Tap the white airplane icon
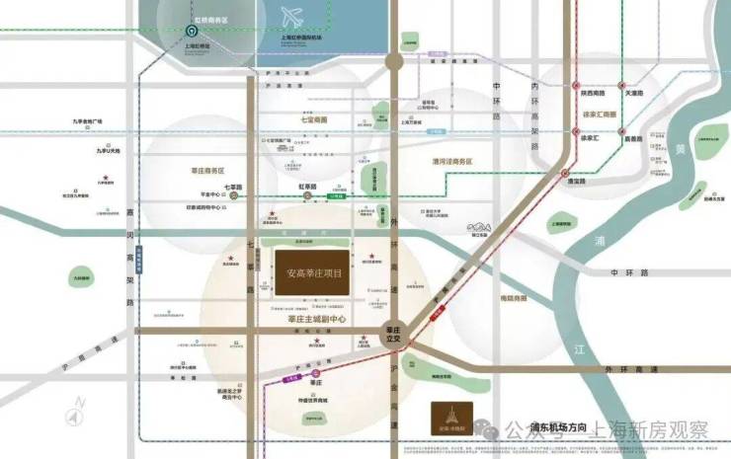coord(289,19)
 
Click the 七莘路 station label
coord(233,187)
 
